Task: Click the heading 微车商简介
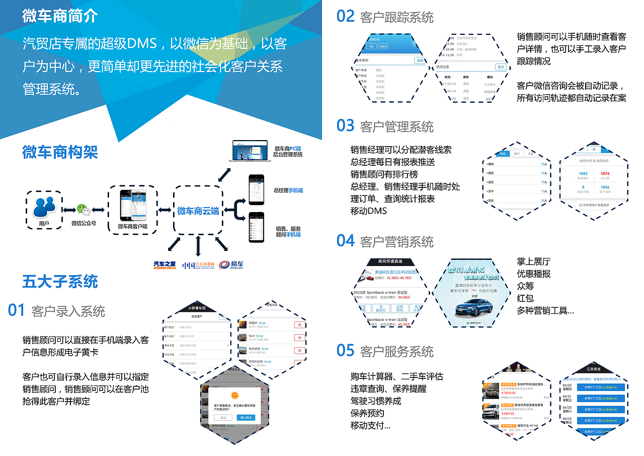(59, 16)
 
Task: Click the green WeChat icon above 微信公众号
(84, 210)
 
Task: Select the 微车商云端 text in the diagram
(198, 211)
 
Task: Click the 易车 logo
(232, 265)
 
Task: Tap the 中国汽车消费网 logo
(198, 265)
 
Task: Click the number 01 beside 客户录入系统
(16, 310)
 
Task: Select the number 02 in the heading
(346, 17)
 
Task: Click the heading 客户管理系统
(396, 126)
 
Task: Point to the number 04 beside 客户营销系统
(346, 241)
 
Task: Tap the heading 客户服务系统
(396, 351)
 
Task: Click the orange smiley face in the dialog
(234, 395)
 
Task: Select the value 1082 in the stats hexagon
(583, 173)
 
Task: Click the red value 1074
(605, 173)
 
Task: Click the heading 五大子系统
(60, 281)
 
